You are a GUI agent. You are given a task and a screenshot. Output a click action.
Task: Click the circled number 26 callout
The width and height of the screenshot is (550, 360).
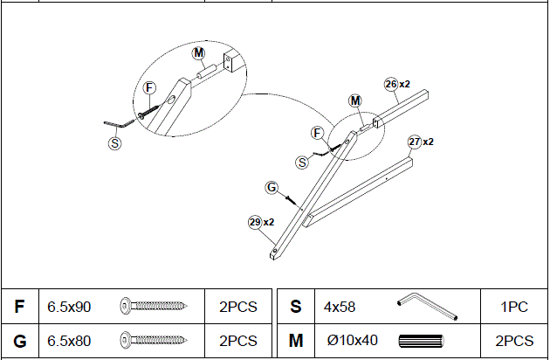click(391, 84)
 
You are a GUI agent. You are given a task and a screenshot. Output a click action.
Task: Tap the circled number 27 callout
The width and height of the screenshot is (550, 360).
click(415, 142)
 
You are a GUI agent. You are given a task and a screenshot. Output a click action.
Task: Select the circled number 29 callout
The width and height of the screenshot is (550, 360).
click(255, 222)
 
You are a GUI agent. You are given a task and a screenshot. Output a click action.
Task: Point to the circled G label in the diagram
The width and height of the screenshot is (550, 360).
click(272, 188)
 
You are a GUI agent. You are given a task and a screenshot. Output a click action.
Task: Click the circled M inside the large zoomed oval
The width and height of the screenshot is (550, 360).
click(199, 54)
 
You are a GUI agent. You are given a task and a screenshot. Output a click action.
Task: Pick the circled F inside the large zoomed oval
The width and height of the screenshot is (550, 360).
click(149, 87)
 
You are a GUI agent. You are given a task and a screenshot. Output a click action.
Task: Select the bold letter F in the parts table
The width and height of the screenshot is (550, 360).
click(19, 307)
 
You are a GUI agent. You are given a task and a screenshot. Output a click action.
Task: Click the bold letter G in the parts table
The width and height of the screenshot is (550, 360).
click(19, 340)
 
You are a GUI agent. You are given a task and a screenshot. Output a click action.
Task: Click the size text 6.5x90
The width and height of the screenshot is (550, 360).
click(69, 307)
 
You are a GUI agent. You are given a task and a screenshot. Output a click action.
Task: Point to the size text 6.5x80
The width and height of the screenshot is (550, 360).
click(69, 340)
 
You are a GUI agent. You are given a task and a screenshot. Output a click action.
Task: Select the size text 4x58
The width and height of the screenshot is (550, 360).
click(339, 307)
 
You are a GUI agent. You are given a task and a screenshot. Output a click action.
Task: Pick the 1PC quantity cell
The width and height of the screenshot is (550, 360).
click(515, 307)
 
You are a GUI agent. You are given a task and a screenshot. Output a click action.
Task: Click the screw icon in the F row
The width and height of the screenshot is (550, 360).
click(155, 307)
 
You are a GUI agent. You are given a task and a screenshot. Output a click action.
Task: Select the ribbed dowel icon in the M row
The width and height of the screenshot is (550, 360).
click(422, 340)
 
